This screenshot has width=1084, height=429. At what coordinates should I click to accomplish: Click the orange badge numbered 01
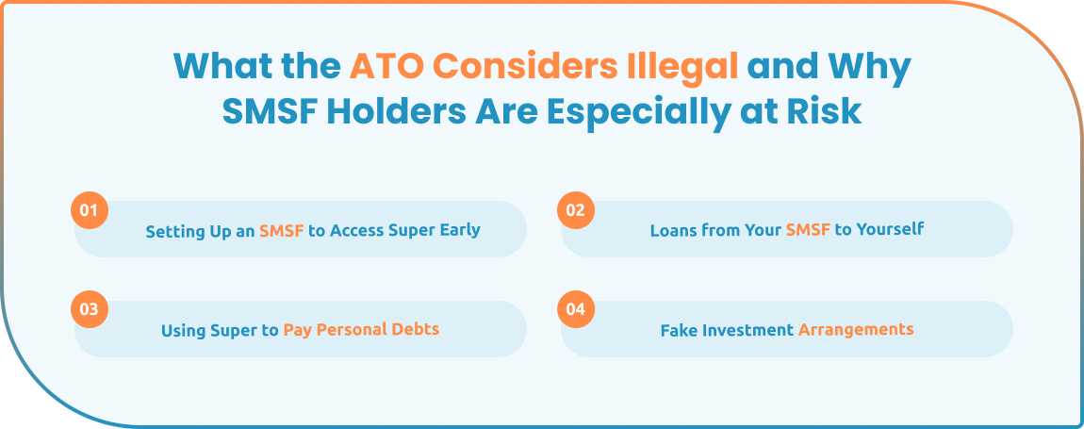tap(89, 209)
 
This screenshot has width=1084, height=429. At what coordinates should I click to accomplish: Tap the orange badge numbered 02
tap(575, 209)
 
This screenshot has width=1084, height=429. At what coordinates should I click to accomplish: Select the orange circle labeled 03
tap(89, 309)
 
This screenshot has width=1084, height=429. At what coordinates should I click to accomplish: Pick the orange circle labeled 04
tap(575, 309)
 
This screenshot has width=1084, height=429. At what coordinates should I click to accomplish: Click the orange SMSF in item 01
tap(282, 230)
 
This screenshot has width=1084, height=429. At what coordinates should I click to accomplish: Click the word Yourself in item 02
tap(890, 230)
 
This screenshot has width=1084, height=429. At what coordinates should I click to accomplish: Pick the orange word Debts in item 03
tap(417, 330)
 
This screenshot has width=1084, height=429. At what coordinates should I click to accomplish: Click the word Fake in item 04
tap(678, 330)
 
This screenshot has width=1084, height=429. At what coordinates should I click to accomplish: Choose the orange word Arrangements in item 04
tap(856, 330)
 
